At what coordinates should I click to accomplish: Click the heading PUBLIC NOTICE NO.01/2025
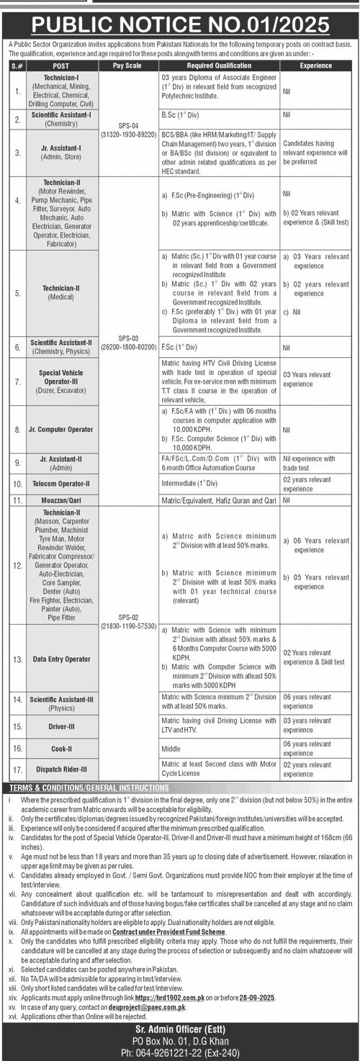180,25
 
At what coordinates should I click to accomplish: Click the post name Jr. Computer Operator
62,430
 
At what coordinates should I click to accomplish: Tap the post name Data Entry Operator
62,659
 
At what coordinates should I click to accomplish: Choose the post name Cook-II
62,749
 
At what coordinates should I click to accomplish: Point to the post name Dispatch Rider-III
62,769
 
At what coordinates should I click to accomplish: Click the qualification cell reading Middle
171,749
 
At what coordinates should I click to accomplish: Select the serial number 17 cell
17,769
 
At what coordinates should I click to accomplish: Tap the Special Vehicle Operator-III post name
62,379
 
